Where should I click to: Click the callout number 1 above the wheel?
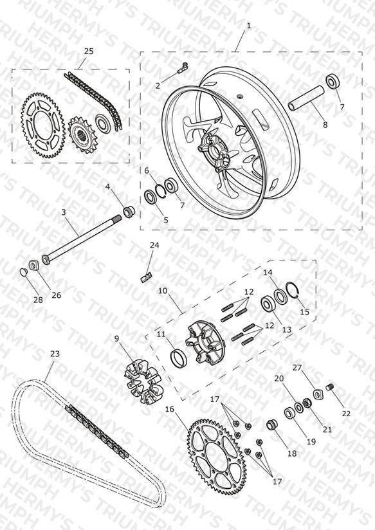coord(249,25)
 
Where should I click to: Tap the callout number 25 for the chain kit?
coord(88,51)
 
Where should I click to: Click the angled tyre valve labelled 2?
coord(183,68)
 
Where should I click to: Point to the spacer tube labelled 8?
coord(307,98)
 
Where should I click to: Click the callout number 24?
coord(154,245)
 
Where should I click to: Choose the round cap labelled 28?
coord(23,272)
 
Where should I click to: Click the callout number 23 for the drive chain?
coord(55,354)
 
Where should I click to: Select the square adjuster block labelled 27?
coord(318,394)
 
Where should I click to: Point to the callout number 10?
coord(163,291)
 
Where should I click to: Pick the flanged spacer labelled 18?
coord(271,425)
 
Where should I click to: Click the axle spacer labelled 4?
coord(129,212)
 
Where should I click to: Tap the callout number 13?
coord(286,329)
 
